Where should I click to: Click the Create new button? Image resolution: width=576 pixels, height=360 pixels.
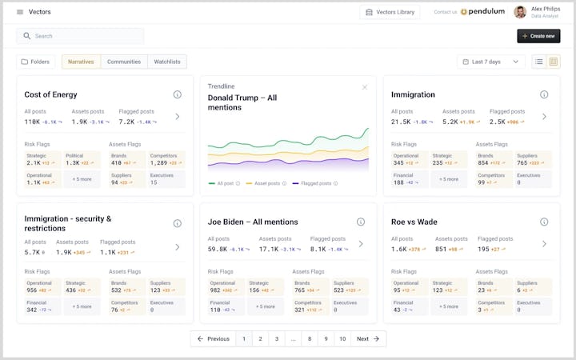click(x=538, y=36)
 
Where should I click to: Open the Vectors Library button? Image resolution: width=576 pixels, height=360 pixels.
click(x=390, y=12)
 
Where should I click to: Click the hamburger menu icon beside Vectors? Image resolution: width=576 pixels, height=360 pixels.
click(x=19, y=12)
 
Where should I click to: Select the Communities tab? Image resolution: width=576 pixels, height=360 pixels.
click(x=124, y=62)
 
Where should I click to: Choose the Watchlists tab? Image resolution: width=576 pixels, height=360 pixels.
click(x=167, y=62)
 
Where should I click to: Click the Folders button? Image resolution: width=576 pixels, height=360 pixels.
click(x=35, y=62)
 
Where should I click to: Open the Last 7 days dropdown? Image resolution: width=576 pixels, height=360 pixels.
click(x=491, y=62)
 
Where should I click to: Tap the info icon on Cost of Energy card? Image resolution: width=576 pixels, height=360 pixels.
click(x=178, y=94)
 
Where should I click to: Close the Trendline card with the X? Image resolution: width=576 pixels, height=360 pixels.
click(x=365, y=86)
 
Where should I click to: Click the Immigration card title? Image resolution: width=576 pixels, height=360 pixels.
click(x=413, y=94)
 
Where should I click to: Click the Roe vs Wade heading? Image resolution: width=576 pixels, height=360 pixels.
click(x=414, y=222)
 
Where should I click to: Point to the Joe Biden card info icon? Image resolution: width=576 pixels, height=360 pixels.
click(x=361, y=222)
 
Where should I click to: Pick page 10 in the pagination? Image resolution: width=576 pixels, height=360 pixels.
click(x=342, y=339)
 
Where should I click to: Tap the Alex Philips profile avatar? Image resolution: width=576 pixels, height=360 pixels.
click(x=520, y=12)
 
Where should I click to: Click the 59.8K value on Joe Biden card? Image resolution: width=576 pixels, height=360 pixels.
click(x=217, y=249)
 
